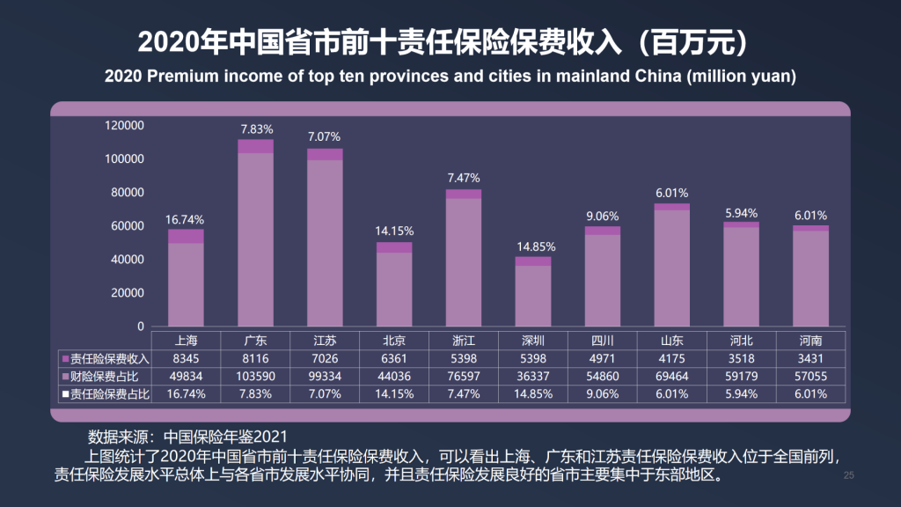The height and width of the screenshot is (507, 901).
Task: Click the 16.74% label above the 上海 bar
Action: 186,220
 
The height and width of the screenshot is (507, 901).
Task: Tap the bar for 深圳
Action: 533,291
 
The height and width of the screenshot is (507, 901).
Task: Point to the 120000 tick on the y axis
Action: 124,126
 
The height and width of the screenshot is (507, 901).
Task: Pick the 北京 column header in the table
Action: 394,341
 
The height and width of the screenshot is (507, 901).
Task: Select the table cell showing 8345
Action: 186,358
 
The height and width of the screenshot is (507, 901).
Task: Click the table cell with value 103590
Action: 255,376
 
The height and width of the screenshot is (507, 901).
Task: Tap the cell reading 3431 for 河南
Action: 810,358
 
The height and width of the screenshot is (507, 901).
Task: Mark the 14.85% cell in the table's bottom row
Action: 533,393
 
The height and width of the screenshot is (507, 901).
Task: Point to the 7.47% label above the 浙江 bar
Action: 464,178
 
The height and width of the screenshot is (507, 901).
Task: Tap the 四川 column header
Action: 603,341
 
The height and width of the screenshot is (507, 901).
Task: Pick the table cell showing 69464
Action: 672,376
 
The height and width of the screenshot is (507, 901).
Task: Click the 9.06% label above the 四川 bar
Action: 603,216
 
